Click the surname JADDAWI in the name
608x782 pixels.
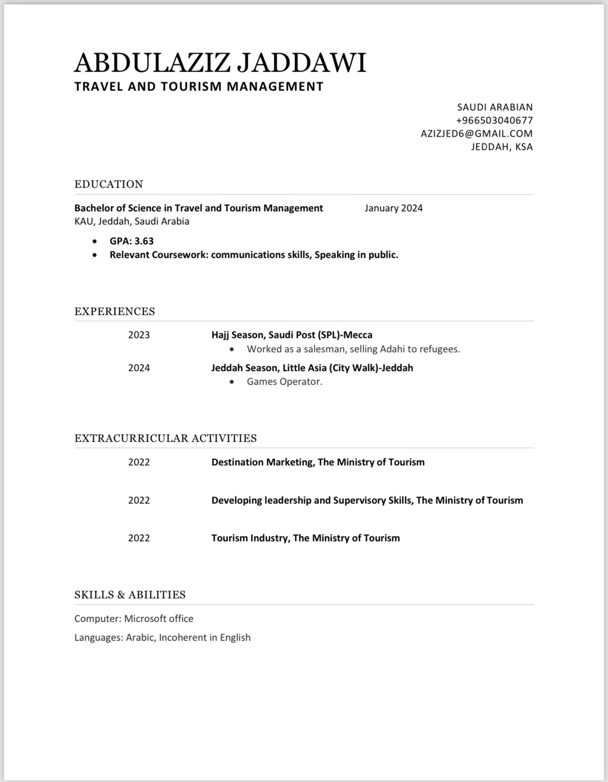pyautogui.click(x=301, y=63)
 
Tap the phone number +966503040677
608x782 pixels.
pyautogui.click(x=494, y=120)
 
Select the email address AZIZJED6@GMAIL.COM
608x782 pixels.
pyautogui.click(x=477, y=133)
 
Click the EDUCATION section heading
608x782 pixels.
pyautogui.click(x=108, y=184)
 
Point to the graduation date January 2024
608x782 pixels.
pyautogui.click(x=394, y=208)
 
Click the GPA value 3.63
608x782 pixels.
pyautogui.click(x=144, y=241)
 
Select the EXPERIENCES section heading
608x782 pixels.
pyautogui.click(x=115, y=312)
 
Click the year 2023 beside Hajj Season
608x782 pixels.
pyautogui.click(x=139, y=335)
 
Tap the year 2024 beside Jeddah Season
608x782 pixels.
pyautogui.click(x=139, y=368)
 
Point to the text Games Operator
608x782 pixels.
pyautogui.click(x=284, y=382)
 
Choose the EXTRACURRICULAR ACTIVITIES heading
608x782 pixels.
pyautogui.click(x=165, y=438)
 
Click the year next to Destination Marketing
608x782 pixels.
pyautogui.click(x=139, y=462)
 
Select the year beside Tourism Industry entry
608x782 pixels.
pyautogui.click(x=139, y=538)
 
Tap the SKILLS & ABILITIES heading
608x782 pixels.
pyautogui.click(x=130, y=595)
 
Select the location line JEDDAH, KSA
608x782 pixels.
pyautogui.click(x=502, y=147)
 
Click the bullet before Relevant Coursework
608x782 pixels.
pyautogui.click(x=95, y=255)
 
